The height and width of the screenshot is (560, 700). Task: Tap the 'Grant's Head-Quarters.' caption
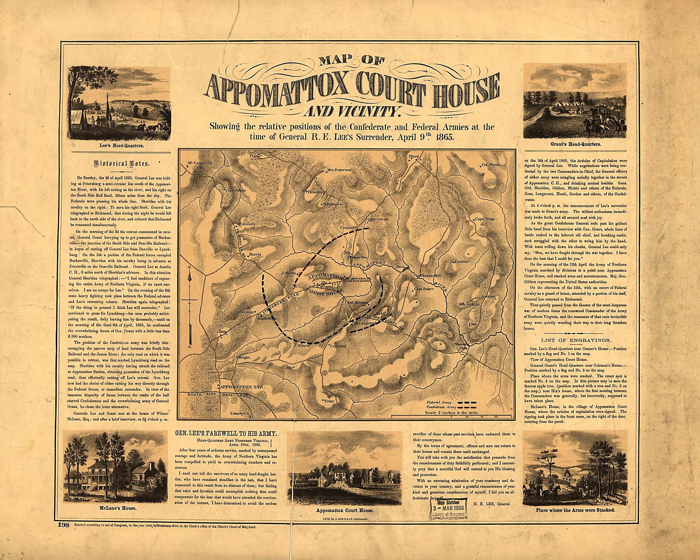[576, 144]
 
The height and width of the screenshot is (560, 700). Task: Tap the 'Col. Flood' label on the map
[490, 165]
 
